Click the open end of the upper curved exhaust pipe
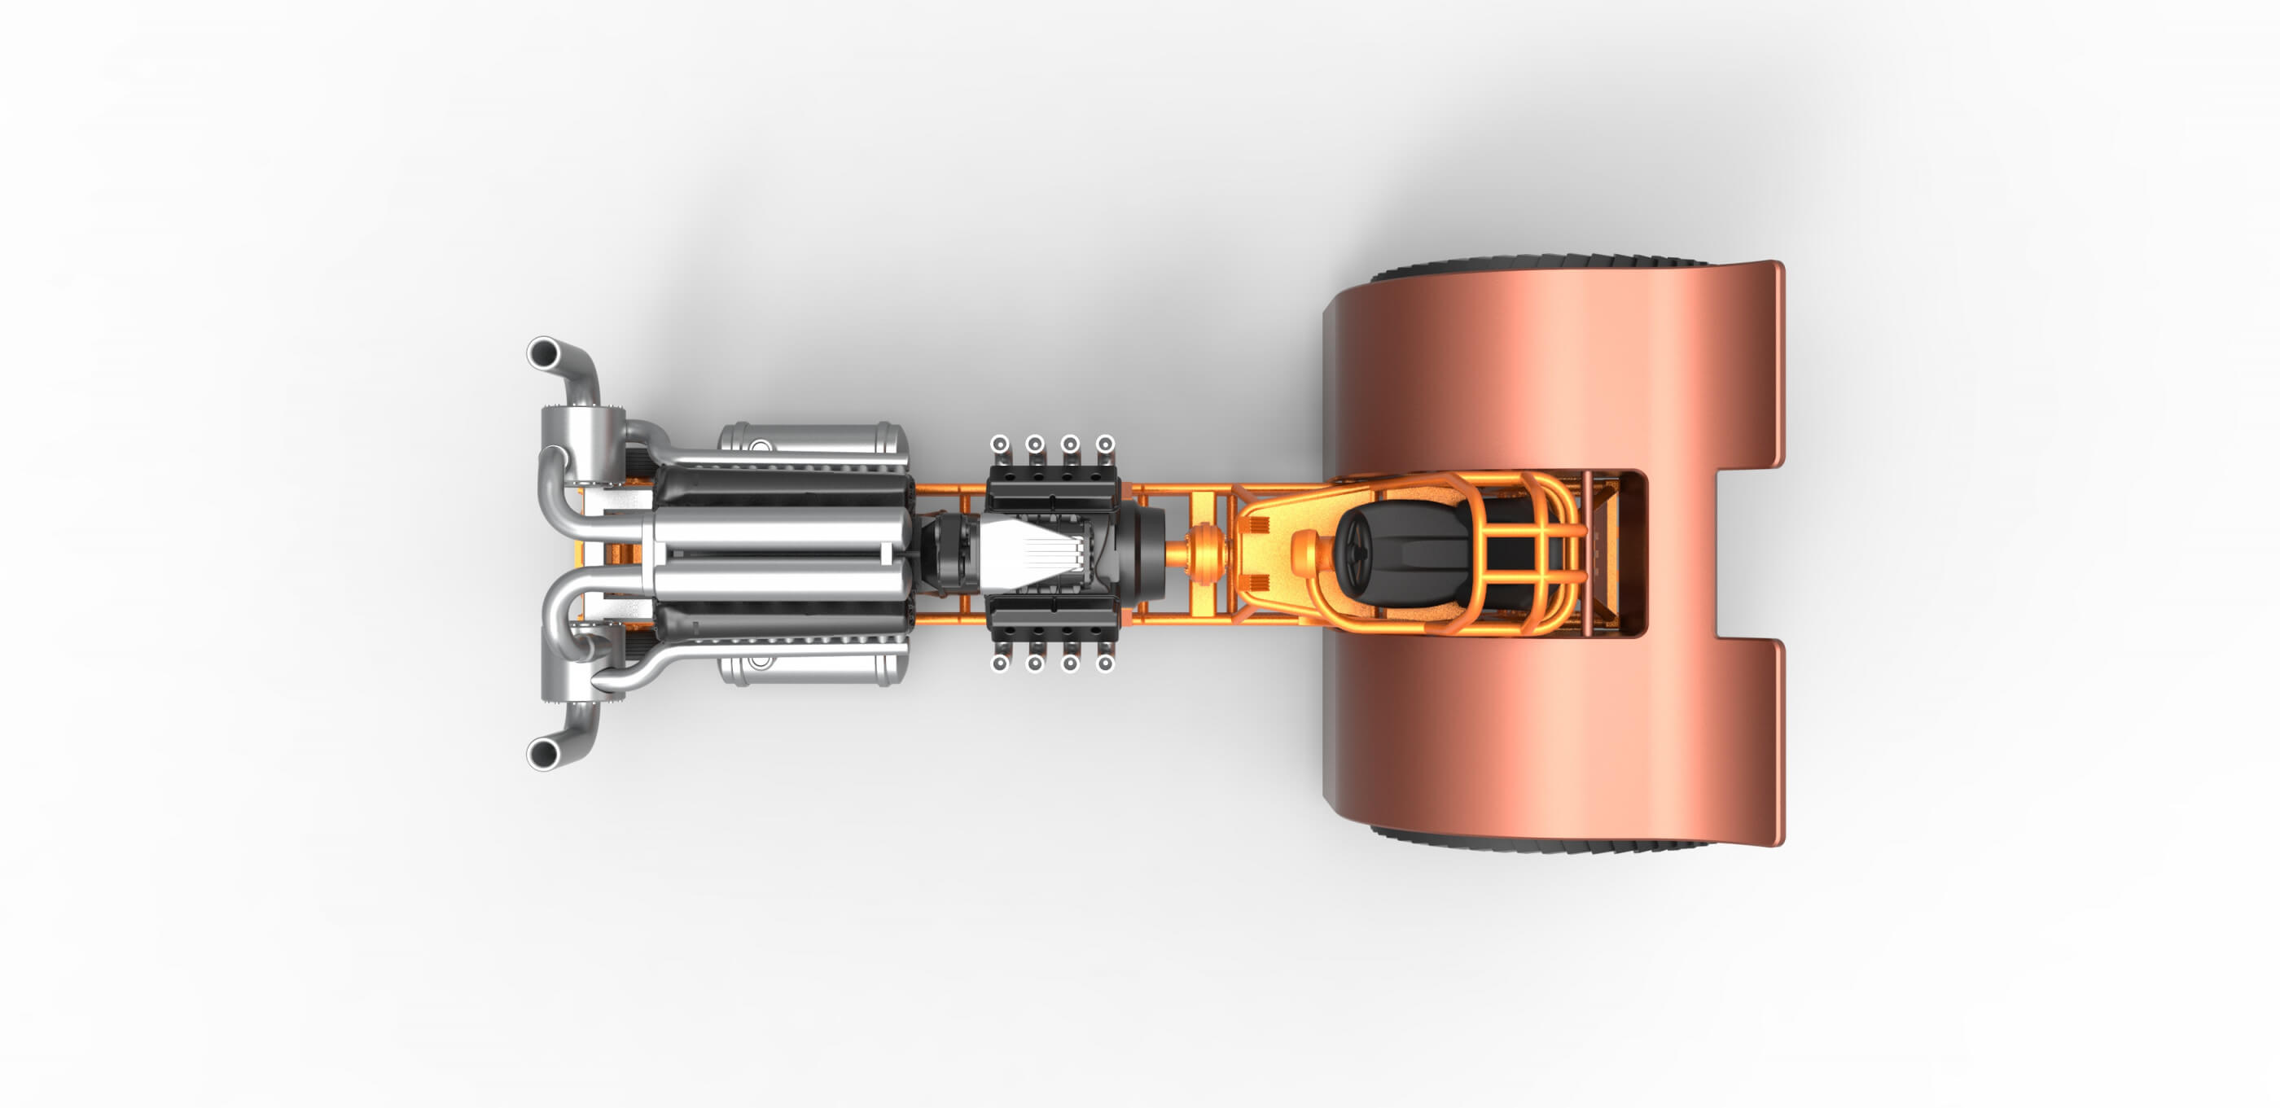click(x=542, y=353)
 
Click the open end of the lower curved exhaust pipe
click(x=542, y=754)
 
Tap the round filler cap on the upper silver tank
click(x=759, y=445)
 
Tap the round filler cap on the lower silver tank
click(x=759, y=661)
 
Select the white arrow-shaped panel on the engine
click(x=1027, y=553)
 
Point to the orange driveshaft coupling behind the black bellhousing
click(x=1204, y=553)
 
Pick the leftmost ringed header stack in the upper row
click(x=999, y=444)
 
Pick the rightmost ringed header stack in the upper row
click(x=1105, y=444)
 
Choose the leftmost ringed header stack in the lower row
click(x=999, y=663)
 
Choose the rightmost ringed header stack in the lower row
click(x=1105, y=663)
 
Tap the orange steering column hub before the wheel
click(x=1305, y=553)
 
